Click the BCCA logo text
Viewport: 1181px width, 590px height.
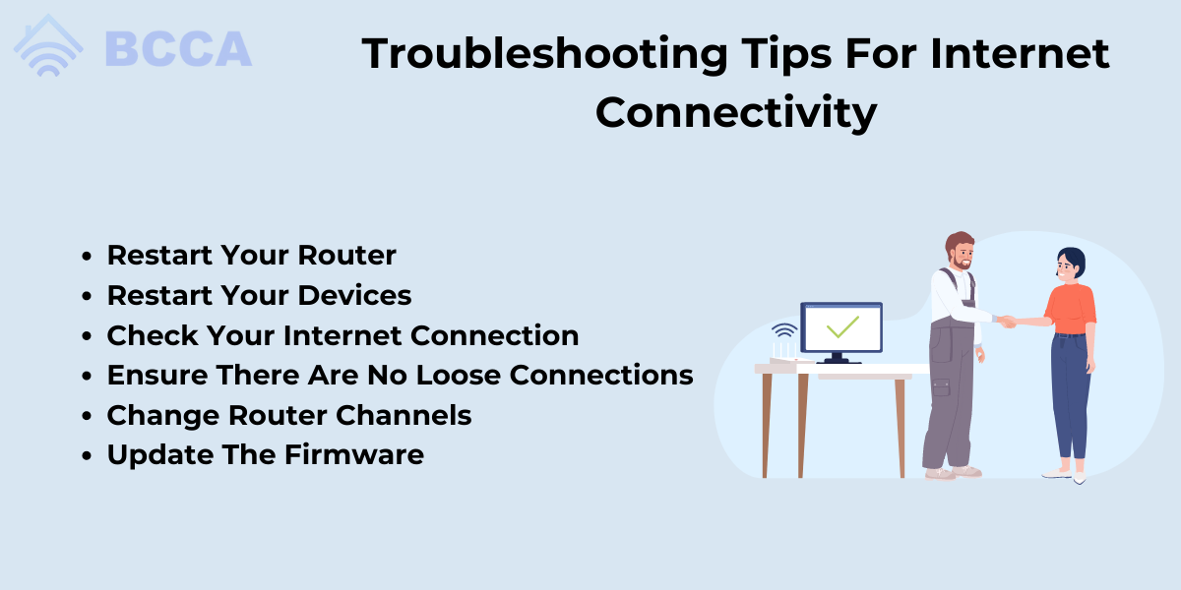pos(179,49)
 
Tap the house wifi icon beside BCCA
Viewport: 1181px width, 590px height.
pos(48,46)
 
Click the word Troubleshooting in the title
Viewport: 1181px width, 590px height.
pos(544,55)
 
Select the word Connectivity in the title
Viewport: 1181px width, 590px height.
pos(736,113)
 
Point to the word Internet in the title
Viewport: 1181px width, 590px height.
pos(1020,53)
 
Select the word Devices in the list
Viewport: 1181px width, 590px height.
pos(355,295)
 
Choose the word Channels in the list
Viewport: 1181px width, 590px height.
pos(404,415)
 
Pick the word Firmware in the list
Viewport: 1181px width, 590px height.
pos(354,454)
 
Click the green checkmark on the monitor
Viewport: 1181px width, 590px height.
pos(842,326)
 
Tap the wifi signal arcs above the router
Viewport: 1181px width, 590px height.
pos(784,329)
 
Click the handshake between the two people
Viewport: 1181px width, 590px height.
pos(1008,321)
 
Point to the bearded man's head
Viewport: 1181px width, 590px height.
pos(961,251)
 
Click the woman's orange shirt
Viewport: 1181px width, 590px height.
pos(1071,309)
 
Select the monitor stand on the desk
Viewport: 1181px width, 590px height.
pos(838,358)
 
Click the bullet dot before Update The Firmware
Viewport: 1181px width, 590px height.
pos(87,455)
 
